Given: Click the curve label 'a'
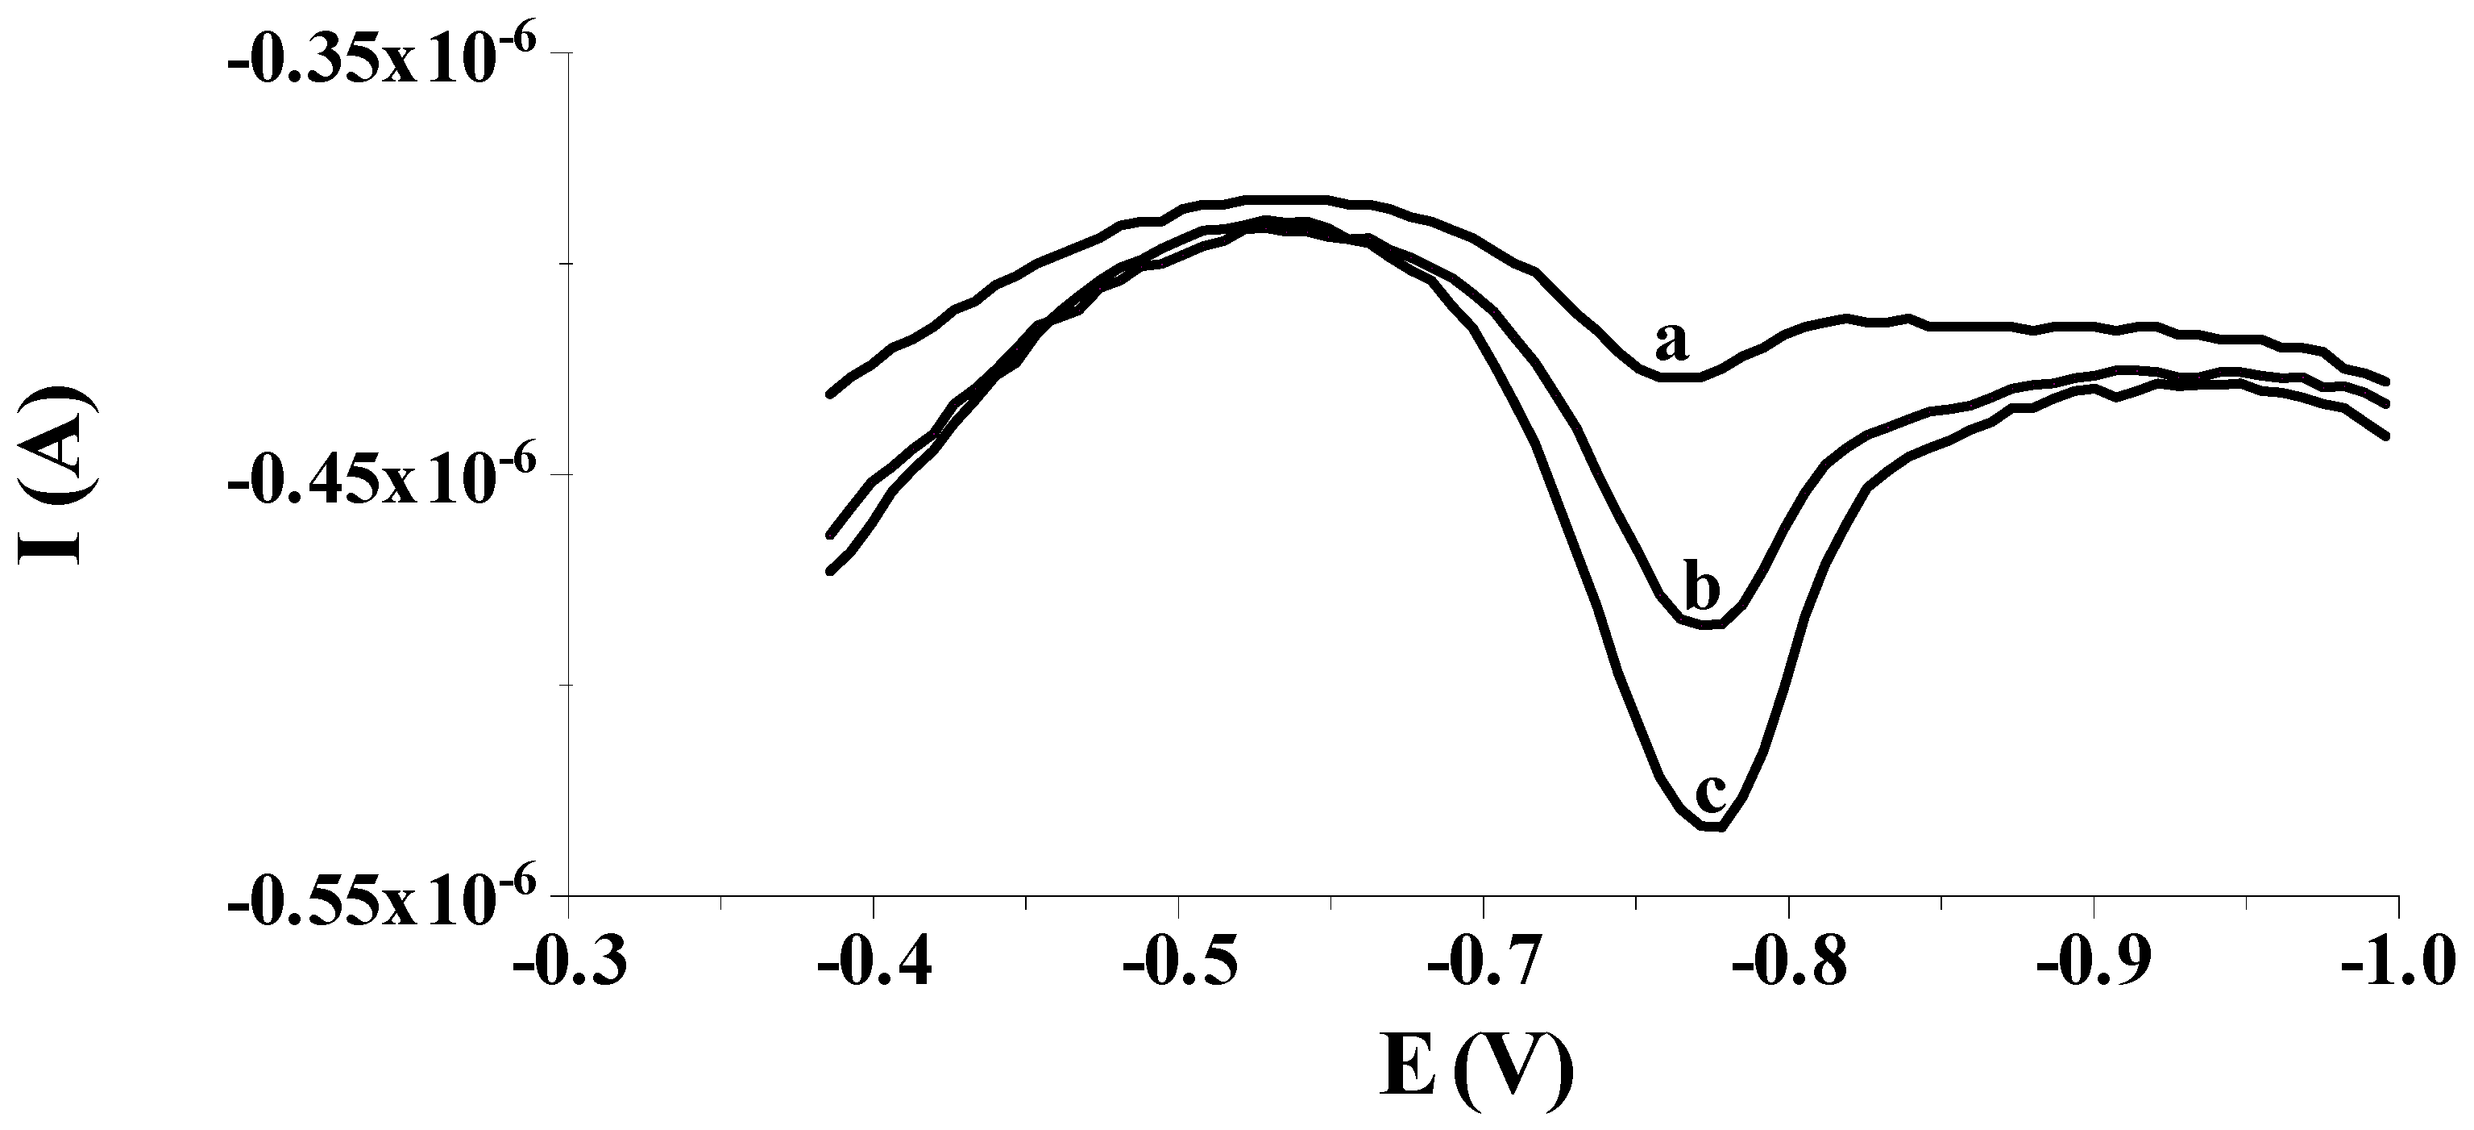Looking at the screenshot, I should [x=1671, y=343].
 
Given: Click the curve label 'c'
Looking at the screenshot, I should [x=1712, y=794].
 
